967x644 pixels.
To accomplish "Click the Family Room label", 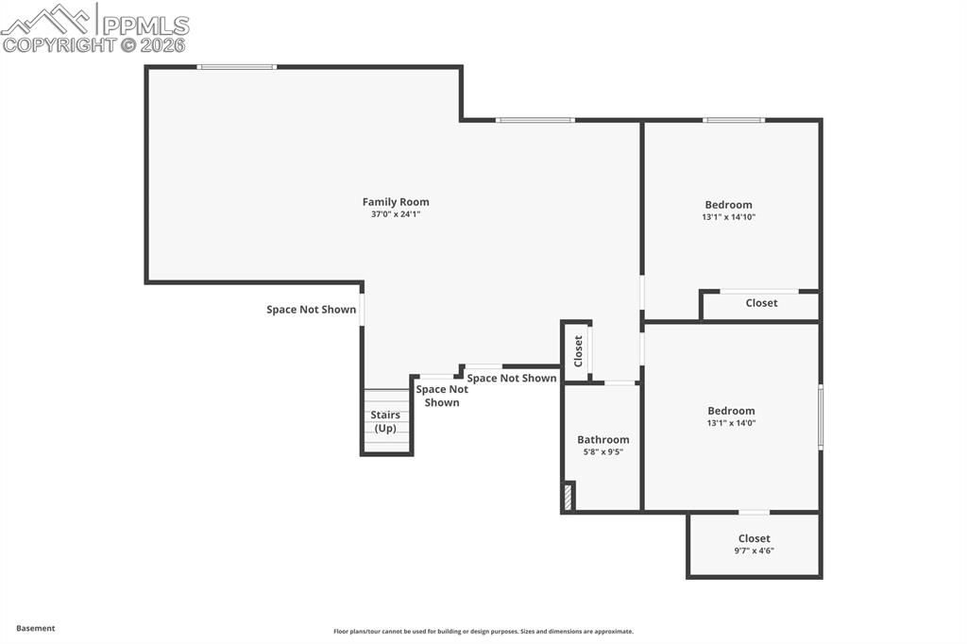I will [x=396, y=201].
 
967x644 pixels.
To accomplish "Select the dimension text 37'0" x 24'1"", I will [x=396, y=214].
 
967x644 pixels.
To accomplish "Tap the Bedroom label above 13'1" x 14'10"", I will [x=728, y=205].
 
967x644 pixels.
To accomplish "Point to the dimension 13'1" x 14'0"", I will [x=731, y=423].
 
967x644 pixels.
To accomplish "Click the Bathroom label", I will [x=602, y=439].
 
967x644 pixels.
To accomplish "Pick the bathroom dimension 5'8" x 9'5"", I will [x=602, y=452].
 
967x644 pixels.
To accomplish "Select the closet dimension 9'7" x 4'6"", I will [x=754, y=551].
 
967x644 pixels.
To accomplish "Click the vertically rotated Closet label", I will [x=578, y=351].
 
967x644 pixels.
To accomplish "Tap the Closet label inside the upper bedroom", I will [x=761, y=303].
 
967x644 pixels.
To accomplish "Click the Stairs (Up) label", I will [x=385, y=421].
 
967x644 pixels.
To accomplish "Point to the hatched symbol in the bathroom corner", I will [x=568, y=497].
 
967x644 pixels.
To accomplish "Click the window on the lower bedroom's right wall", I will [x=820, y=416].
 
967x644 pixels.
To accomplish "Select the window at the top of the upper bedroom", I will [x=733, y=120].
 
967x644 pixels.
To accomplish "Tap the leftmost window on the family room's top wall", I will [x=236, y=67].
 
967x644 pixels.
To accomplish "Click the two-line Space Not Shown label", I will [x=441, y=396].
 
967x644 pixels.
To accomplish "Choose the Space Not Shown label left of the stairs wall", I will [x=311, y=310].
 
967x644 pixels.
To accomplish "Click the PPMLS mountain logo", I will [x=47, y=20].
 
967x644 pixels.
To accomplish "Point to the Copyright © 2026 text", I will [x=94, y=44].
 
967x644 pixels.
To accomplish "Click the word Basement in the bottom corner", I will [x=36, y=628].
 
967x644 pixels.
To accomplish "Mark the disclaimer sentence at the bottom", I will [x=483, y=632].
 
